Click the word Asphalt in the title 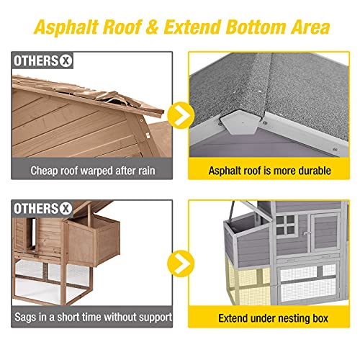66,27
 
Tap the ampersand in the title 151,27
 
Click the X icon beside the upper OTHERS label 66,60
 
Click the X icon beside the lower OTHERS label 66,208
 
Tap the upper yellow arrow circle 181,115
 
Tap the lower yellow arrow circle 181,264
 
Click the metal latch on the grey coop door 307,233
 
